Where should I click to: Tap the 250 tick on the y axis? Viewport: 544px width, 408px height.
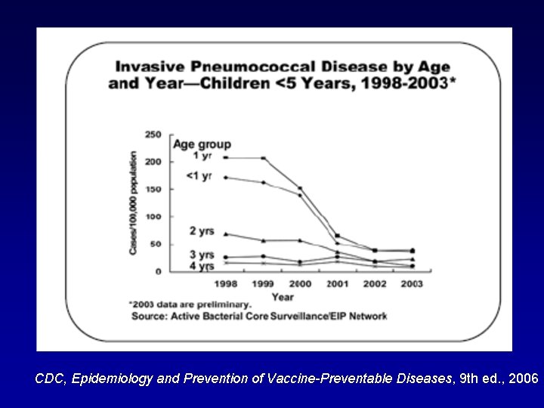pyautogui.click(x=153, y=134)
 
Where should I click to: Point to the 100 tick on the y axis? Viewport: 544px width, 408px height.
pyautogui.click(x=153, y=216)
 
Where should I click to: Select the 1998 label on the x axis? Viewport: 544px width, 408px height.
pyautogui.click(x=225, y=284)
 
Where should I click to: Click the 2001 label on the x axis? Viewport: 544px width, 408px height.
pyautogui.click(x=337, y=284)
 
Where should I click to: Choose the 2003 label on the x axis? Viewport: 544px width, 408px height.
pyautogui.click(x=412, y=284)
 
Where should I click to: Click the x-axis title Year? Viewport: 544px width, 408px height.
pyautogui.click(x=283, y=296)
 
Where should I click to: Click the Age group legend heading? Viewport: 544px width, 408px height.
pyautogui.click(x=202, y=144)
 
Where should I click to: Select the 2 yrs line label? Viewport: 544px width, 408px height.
pyautogui.click(x=202, y=230)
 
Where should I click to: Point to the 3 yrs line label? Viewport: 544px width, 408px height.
pyautogui.click(x=202, y=255)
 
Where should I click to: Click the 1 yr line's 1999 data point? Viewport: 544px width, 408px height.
pyautogui.click(x=263, y=158)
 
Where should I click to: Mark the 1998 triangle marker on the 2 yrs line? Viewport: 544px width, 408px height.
pyautogui.click(x=225, y=234)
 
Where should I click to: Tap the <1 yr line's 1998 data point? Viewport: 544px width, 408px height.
pyautogui.click(x=225, y=178)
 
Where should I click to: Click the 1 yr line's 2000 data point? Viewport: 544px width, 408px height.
pyautogui.click(x=300, y=188)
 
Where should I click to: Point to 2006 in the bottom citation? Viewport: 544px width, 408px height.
pyautogui.click(x=524, y=379)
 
